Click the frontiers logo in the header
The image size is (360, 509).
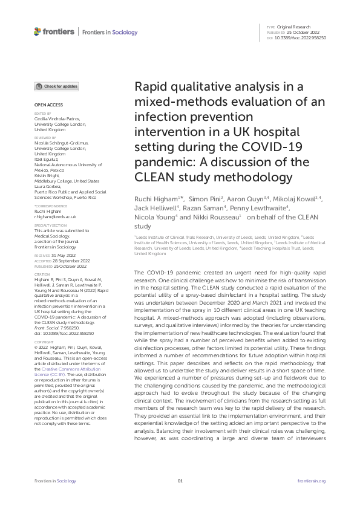pos(54,31)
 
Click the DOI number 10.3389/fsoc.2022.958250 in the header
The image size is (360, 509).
pos(300,38)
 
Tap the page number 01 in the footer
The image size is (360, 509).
pos(180,481)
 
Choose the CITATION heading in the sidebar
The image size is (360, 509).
pos(42,273)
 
